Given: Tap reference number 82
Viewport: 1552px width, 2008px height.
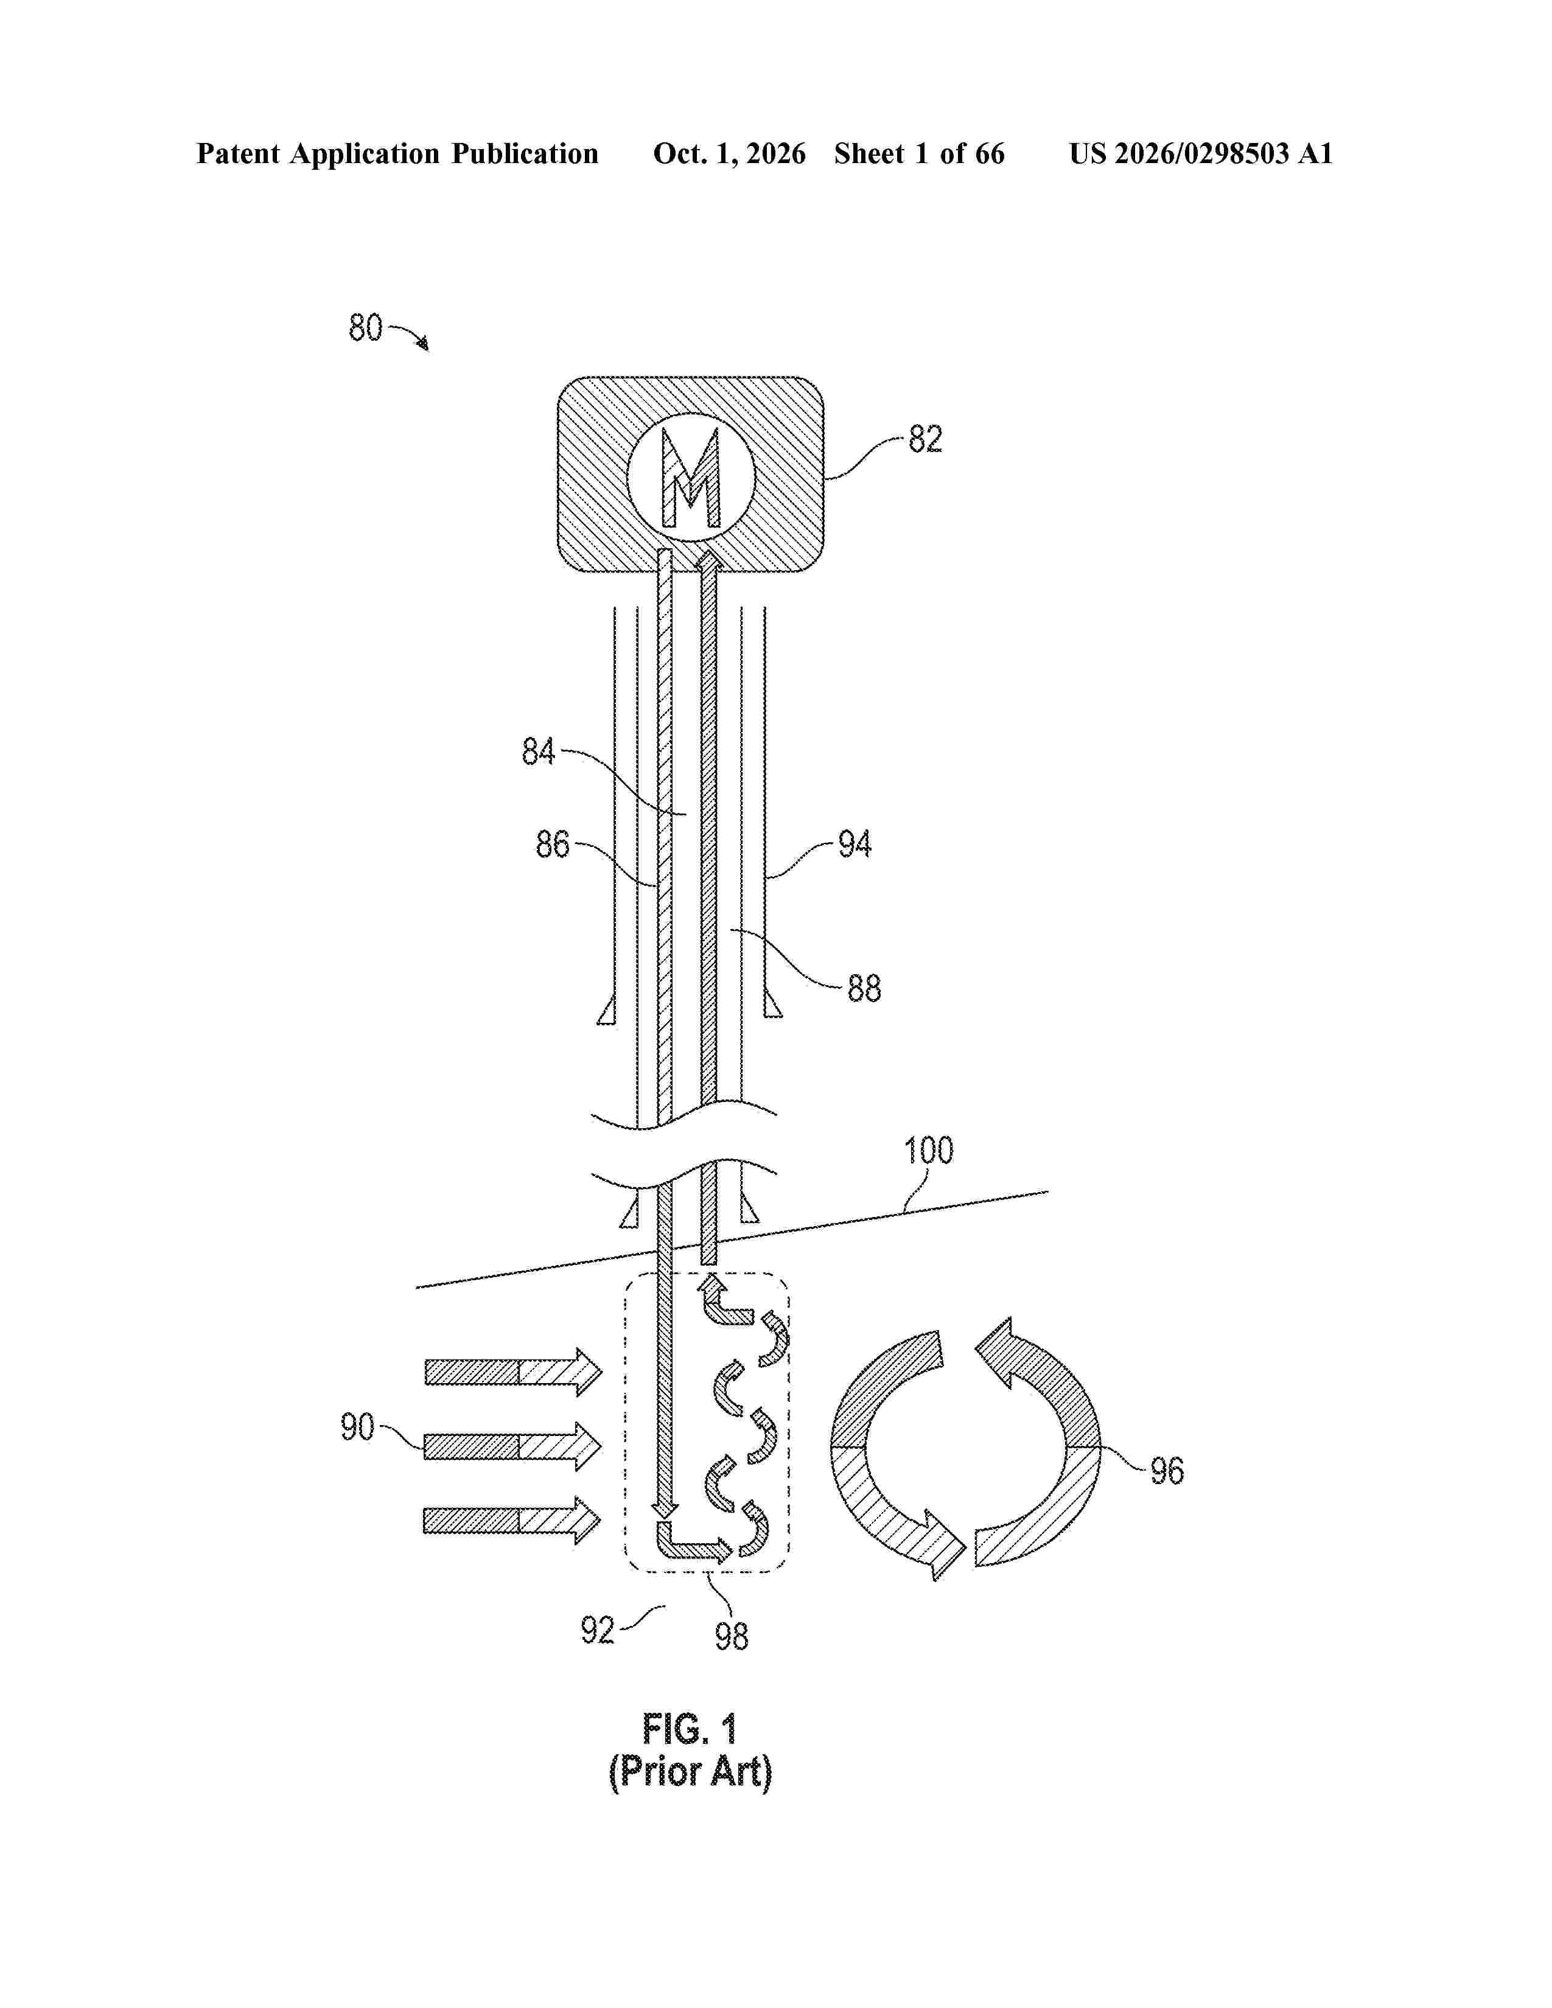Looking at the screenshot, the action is [x=925, y=439].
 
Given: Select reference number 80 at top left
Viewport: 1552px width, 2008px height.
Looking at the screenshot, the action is [x=365, y=328].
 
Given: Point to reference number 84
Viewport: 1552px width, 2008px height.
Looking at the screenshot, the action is [x=539, y=752].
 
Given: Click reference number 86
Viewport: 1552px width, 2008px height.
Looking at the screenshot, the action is [x=553, y=844].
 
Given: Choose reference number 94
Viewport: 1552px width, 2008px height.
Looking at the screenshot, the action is [x=854, y=844].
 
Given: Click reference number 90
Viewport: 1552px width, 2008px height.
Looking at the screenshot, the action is [x=358, y=1427].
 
